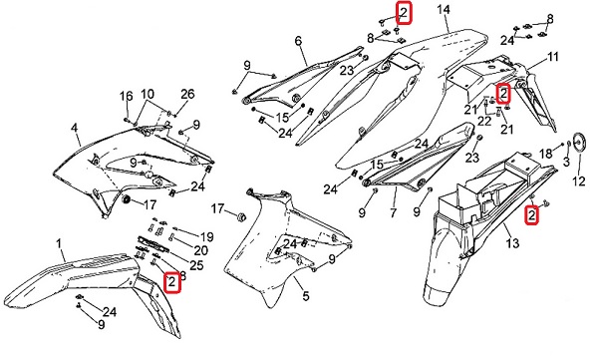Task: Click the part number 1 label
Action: (59, 243)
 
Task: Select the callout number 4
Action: (75, 128)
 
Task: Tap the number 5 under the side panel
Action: (306, 296)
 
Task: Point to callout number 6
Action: (298, 41)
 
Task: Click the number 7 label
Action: (394, 212)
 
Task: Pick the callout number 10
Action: (148, 94)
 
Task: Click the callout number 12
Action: (579, 180)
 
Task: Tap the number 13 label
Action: (513, 242)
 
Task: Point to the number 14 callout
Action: (444, 9)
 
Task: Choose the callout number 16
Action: (127, 96)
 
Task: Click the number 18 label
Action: (546, 154)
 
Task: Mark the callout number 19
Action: (206, 237)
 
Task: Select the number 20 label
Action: (201, 250)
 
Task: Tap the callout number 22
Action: (484, 122)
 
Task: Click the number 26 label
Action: (187, 94)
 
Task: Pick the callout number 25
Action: (196, 265)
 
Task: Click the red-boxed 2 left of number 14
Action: (404, 14)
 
